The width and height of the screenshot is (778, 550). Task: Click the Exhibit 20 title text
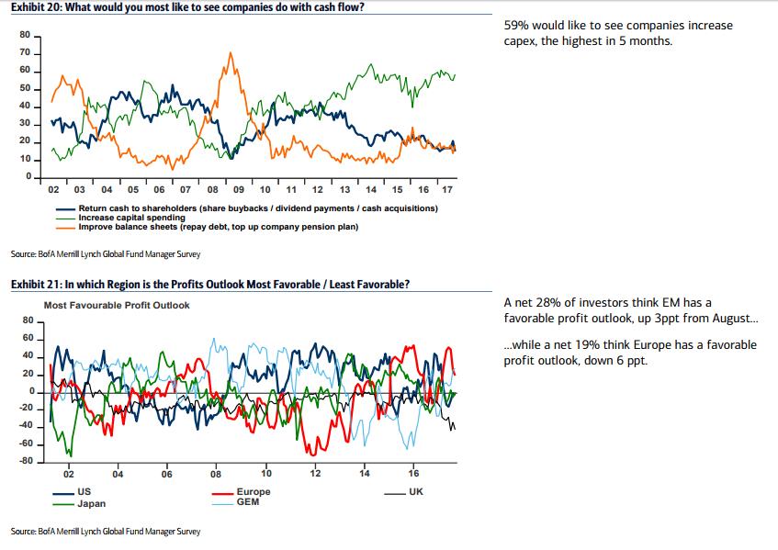pyautogui.click(x=188, y=7)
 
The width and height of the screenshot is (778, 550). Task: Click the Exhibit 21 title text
pyautogui.click(x=209, y=284)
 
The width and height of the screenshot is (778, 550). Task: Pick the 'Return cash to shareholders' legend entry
pyautogui.click(x=258, y=209)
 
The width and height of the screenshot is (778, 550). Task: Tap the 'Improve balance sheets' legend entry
pyautogui.click(x=218, y=226)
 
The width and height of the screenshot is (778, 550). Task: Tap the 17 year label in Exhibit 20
pyautogui.click(x=447, y=190)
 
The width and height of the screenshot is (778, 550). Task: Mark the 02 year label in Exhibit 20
pyautogui.click(x=53, y=190)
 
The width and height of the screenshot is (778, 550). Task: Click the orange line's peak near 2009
pyautogui.click(x=229, y=53)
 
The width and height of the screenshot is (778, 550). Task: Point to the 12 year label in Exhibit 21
pyautogui.click(x=315, y=475)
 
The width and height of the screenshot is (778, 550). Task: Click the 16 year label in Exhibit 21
pyautogui.click(x=413, y=475)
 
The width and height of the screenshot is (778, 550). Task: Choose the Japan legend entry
pyautogui.click(x=91, y=504)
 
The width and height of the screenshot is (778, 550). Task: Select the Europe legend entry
pyautogui.click(x=253, y=493)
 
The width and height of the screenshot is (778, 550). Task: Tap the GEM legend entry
pyautogui.click(x=247, y=502)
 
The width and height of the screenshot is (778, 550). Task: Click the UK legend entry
pyautogui.click(x=415, y=493)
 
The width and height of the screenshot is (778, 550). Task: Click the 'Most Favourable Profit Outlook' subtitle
pyautogui.click(x=117, y=305)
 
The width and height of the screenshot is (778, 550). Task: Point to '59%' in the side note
pyautogui.click(x=516, y=25)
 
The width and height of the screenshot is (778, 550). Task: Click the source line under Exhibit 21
pyautogui.click(x=105, y=532)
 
